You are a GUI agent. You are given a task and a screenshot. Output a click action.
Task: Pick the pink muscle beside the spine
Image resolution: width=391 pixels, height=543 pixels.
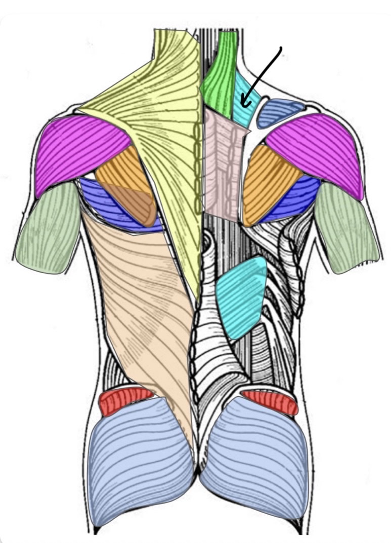(x=223, y=162)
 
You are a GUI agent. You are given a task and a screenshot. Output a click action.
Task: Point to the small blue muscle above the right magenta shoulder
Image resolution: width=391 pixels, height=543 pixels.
(x=280, y=113)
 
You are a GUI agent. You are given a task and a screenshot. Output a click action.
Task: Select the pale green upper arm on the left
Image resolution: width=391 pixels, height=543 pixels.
(x=48, y=228)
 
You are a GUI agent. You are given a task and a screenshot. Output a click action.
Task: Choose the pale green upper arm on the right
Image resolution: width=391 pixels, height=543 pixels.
(x=346, y=228)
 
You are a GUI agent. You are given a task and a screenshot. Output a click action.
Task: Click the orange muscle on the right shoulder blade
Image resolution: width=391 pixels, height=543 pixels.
(x=268, y=182)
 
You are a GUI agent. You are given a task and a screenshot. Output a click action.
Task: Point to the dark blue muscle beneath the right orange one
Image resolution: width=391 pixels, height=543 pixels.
(x=298, y=200)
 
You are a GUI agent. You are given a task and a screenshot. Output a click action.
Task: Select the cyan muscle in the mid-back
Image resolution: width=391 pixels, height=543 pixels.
(x=242, y=296)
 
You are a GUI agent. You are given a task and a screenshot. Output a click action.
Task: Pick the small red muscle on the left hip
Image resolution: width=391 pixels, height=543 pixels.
(x=124, y=400)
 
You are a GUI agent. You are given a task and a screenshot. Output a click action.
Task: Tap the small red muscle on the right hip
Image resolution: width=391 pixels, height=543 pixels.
(x=271, y=400)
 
